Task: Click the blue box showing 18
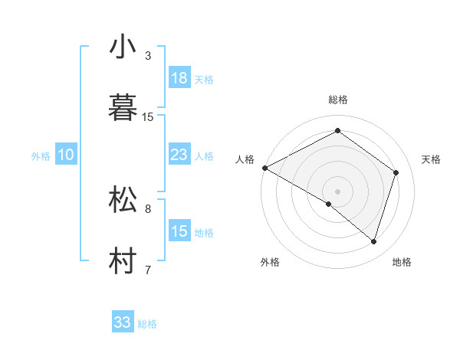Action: [179, 77]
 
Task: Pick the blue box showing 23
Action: [179, 155]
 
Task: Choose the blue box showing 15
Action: [179, 231]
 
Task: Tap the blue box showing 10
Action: [66, 155]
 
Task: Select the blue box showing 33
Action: [122, 322]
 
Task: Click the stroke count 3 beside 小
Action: [148, 56]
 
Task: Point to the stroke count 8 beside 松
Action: [148, 208]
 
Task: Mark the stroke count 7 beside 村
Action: [148, 269]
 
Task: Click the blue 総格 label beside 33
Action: [147, 324]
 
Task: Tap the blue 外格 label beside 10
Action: [41, 156]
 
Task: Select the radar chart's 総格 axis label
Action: [338, 100]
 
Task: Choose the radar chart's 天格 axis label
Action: [432, 159]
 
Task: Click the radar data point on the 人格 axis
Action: [264, 167]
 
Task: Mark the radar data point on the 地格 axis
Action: [374, 241]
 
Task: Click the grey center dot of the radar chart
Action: [337, 191]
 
